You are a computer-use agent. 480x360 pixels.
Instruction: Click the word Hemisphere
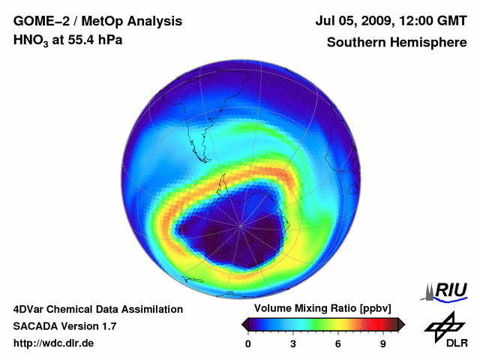430,43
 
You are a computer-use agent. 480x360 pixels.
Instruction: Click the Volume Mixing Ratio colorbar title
323,309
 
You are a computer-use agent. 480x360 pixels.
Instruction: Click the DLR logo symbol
442,326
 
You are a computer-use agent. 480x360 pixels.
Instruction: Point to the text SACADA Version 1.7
65,326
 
